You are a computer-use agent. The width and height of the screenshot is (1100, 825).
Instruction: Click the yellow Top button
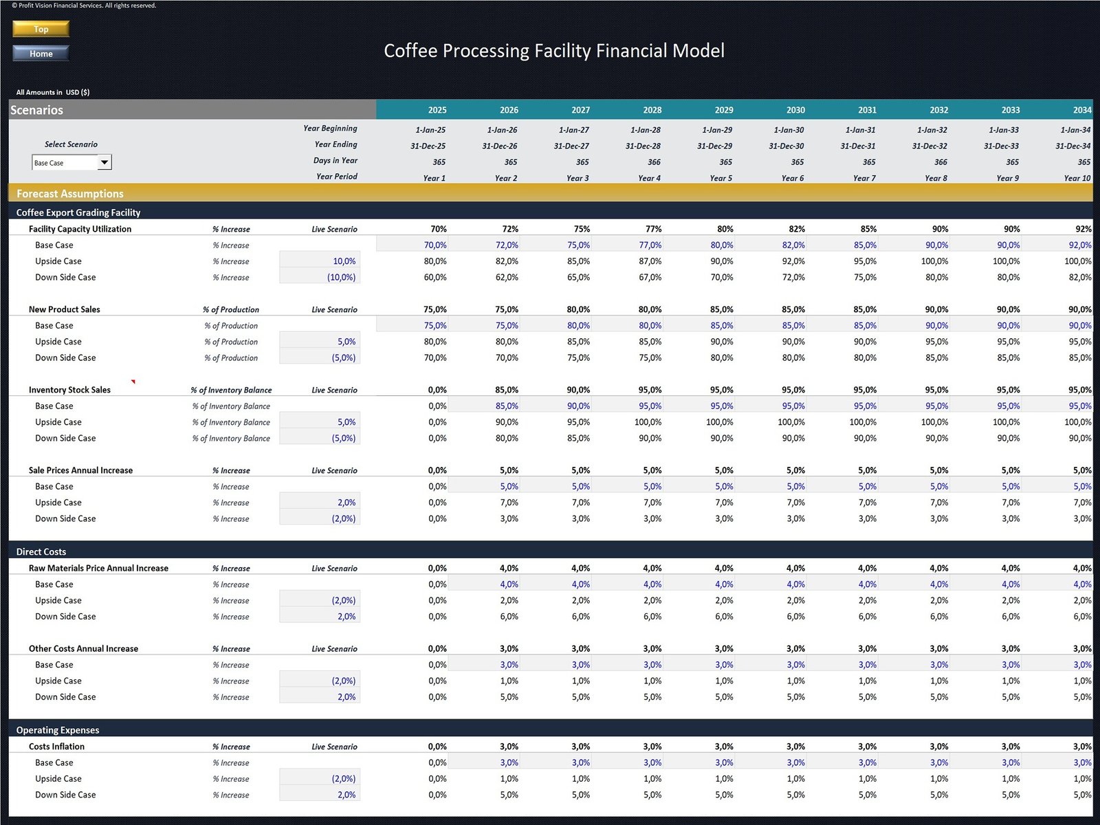41,29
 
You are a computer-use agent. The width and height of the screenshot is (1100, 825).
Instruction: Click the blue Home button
41,54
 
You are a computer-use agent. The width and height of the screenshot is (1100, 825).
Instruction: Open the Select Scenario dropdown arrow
104,162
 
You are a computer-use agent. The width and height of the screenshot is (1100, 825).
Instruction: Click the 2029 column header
723,110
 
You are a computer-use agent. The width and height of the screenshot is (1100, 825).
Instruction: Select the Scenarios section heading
37,110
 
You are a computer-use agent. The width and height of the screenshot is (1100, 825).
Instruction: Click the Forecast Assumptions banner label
70,194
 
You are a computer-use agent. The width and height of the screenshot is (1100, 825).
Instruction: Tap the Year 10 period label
1077,178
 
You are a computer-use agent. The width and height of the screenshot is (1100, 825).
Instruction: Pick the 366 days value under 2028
653,162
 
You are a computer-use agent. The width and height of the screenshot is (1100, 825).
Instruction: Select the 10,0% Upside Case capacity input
344,261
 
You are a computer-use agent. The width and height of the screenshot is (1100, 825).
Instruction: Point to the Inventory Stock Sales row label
69,390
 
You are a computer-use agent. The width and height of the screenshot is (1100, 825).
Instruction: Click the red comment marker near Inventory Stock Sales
133,382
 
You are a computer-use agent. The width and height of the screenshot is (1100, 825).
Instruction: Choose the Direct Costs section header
41,551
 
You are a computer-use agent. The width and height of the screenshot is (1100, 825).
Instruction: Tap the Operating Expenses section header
58,730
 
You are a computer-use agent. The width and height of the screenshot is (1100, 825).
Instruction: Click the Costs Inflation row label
56,747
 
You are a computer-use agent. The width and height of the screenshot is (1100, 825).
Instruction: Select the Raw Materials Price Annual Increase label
98,568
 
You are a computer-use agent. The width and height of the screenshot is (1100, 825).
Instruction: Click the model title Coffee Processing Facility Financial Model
554,51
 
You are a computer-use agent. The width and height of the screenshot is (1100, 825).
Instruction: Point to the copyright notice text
84,5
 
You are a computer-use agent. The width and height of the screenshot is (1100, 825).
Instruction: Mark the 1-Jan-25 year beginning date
430,130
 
